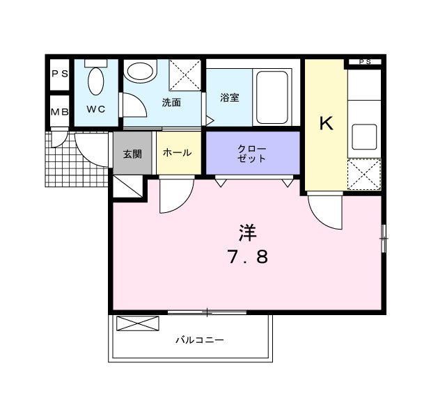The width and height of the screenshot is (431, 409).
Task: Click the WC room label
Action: coord(95,109)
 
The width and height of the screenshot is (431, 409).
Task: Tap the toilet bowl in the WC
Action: coord(96,81)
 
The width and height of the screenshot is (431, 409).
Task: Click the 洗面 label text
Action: coord(171,103)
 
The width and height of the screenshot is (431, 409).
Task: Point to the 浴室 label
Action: coord(230,97)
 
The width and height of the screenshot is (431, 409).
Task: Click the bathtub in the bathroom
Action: coord(271,95)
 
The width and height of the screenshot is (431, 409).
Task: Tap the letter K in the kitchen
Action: coord(326,124)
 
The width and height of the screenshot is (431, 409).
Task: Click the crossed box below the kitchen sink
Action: coord(364,174)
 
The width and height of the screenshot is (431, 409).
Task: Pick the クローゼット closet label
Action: coord(251,153)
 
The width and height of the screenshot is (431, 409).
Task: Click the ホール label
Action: coord(178,153)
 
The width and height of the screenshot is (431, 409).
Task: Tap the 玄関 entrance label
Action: coord(132,153)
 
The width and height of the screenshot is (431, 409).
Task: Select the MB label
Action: coord(59,111)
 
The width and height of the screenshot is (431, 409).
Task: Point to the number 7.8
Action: coord(247,257)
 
